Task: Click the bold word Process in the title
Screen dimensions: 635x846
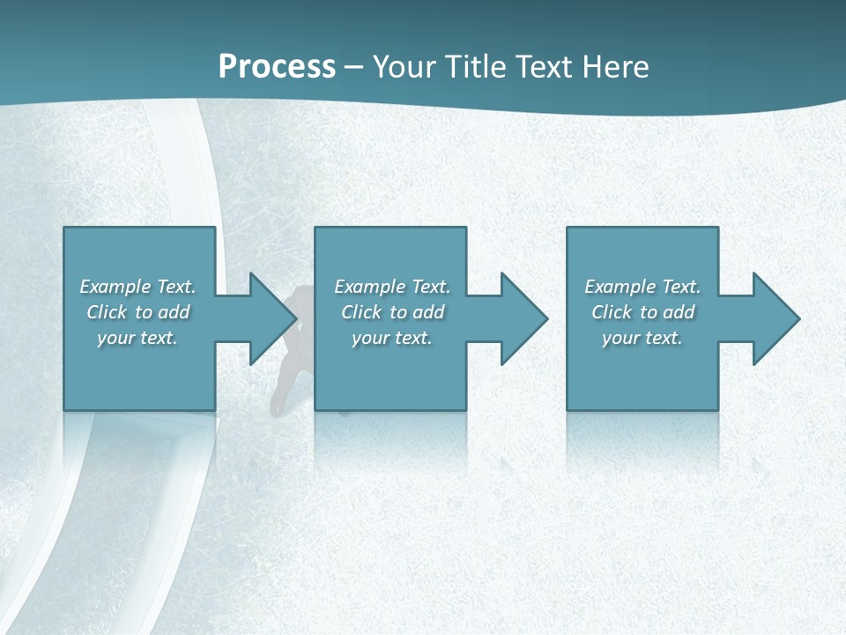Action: [277, 67]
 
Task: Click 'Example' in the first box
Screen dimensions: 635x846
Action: [115, 287]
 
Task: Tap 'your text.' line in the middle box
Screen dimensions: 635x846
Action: [392, 338]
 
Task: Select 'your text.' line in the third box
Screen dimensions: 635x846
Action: [642, 338]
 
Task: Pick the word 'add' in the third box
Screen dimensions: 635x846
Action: [679, 312]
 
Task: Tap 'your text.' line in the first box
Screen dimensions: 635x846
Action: [137, 338]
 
